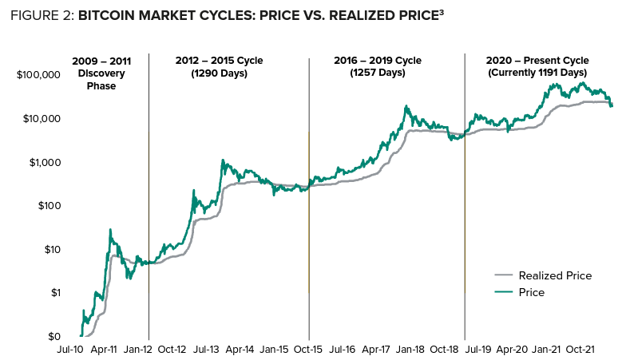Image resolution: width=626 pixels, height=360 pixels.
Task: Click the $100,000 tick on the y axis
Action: tap(38, 75)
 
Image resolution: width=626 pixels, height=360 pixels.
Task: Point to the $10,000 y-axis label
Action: tap(41, 119)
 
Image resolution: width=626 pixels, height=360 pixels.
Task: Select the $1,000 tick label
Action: tap(44, 162)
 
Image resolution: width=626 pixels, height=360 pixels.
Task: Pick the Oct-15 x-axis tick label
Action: tap(308, 350)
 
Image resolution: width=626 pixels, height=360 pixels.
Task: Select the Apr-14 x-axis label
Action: tap(240, 350)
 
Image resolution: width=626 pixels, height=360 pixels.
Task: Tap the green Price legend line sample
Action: tap(504, 293)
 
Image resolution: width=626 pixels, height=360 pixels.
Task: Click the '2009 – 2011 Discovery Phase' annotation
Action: tap(101, 73)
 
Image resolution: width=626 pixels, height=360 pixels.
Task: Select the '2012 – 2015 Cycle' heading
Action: tap(219, 61)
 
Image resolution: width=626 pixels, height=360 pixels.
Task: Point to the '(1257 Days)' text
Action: tap(386, 73)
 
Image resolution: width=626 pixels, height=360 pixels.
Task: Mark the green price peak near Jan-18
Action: tap(406, 105)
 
